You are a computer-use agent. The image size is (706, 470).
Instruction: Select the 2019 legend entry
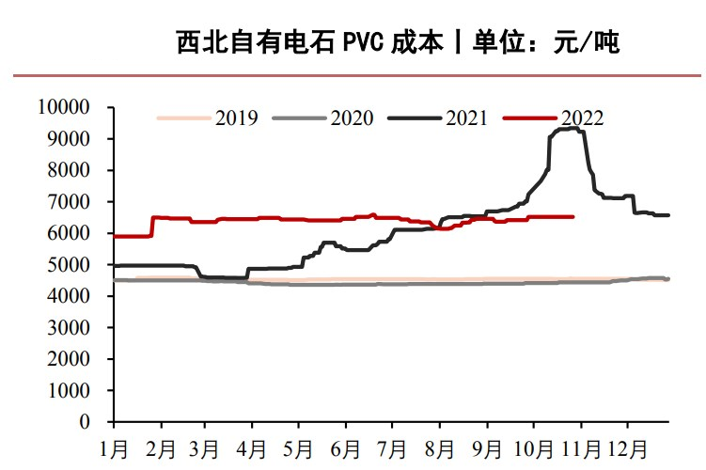[237, 117]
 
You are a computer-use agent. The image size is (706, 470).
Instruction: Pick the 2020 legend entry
[352, 117]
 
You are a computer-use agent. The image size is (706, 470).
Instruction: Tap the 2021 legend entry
[467, 117]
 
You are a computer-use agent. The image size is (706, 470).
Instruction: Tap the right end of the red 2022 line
[573, 216]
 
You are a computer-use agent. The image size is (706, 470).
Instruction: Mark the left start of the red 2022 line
[114, 236]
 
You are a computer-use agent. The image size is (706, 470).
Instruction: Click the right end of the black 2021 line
[668, 215]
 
